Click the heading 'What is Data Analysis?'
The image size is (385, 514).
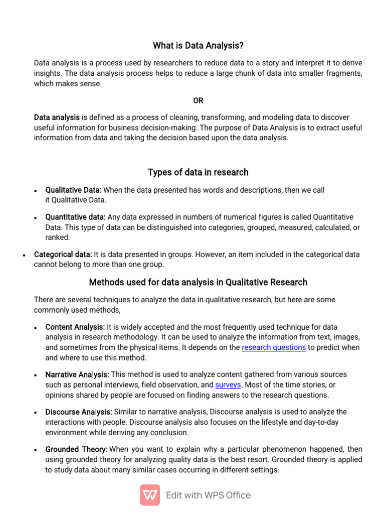click(x=198, y=46)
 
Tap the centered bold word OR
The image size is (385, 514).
click(x=198, y=100)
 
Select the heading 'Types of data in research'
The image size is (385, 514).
click(x=198, y=172)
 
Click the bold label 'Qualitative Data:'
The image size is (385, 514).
click(x=73, y=190)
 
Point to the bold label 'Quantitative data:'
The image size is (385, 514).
click(x=75, y=217)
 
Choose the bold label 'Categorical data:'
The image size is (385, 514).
click(x=63, y=254)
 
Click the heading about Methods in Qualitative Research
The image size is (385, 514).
click(x=198, y=282)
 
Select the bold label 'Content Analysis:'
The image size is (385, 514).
click(x=75, y=327)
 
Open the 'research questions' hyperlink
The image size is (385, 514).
click(x=274, y=347)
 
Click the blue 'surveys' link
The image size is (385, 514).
click(x=228, y=385)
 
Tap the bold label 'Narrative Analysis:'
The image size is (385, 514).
click(x=77, y=374)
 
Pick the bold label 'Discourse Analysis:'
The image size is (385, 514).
click(x=79, y=412)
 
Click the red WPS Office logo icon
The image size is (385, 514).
click(x=150, y=495)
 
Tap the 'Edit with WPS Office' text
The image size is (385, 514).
click(x=208, y=495)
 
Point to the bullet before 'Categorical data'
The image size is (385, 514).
click(x=24, y=255)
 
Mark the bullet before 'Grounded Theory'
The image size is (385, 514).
click(x=36, y=450)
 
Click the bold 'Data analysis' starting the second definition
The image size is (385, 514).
click(x=57, y=117)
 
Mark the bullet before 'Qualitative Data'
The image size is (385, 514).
click(x=36, y=191)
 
